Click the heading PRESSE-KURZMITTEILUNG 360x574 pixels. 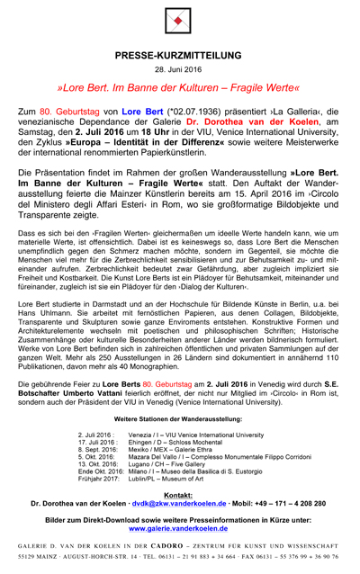pos(180,55)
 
